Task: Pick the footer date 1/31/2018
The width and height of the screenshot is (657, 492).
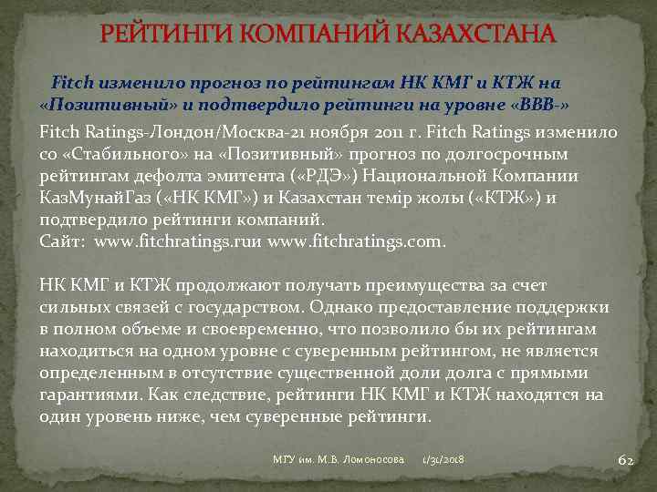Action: (443, 460)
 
